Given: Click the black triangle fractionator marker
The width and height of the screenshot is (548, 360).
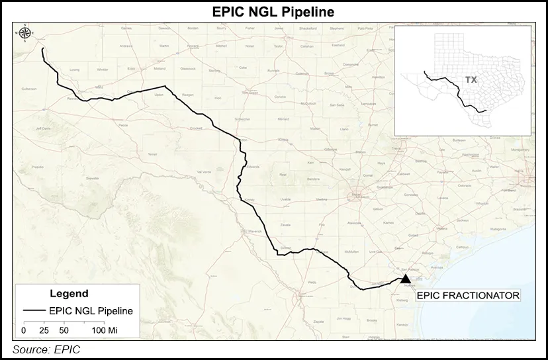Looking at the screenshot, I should tap(406, 280).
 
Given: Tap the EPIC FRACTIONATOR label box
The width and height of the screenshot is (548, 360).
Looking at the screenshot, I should tap(467, 295).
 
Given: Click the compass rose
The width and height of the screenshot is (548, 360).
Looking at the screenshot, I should tap(25, 32).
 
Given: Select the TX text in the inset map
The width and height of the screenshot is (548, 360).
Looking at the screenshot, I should tap(471, 79).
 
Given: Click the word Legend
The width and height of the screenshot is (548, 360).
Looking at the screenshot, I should tap(69, 293).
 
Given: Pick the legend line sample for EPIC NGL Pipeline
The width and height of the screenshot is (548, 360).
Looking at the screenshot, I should tap(34, 310).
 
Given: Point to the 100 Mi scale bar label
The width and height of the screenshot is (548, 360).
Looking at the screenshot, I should tap(105, 329).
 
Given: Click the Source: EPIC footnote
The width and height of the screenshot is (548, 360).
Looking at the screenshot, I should tap(46, 349).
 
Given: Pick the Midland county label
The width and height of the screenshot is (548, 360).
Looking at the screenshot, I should tap(159, 68).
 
